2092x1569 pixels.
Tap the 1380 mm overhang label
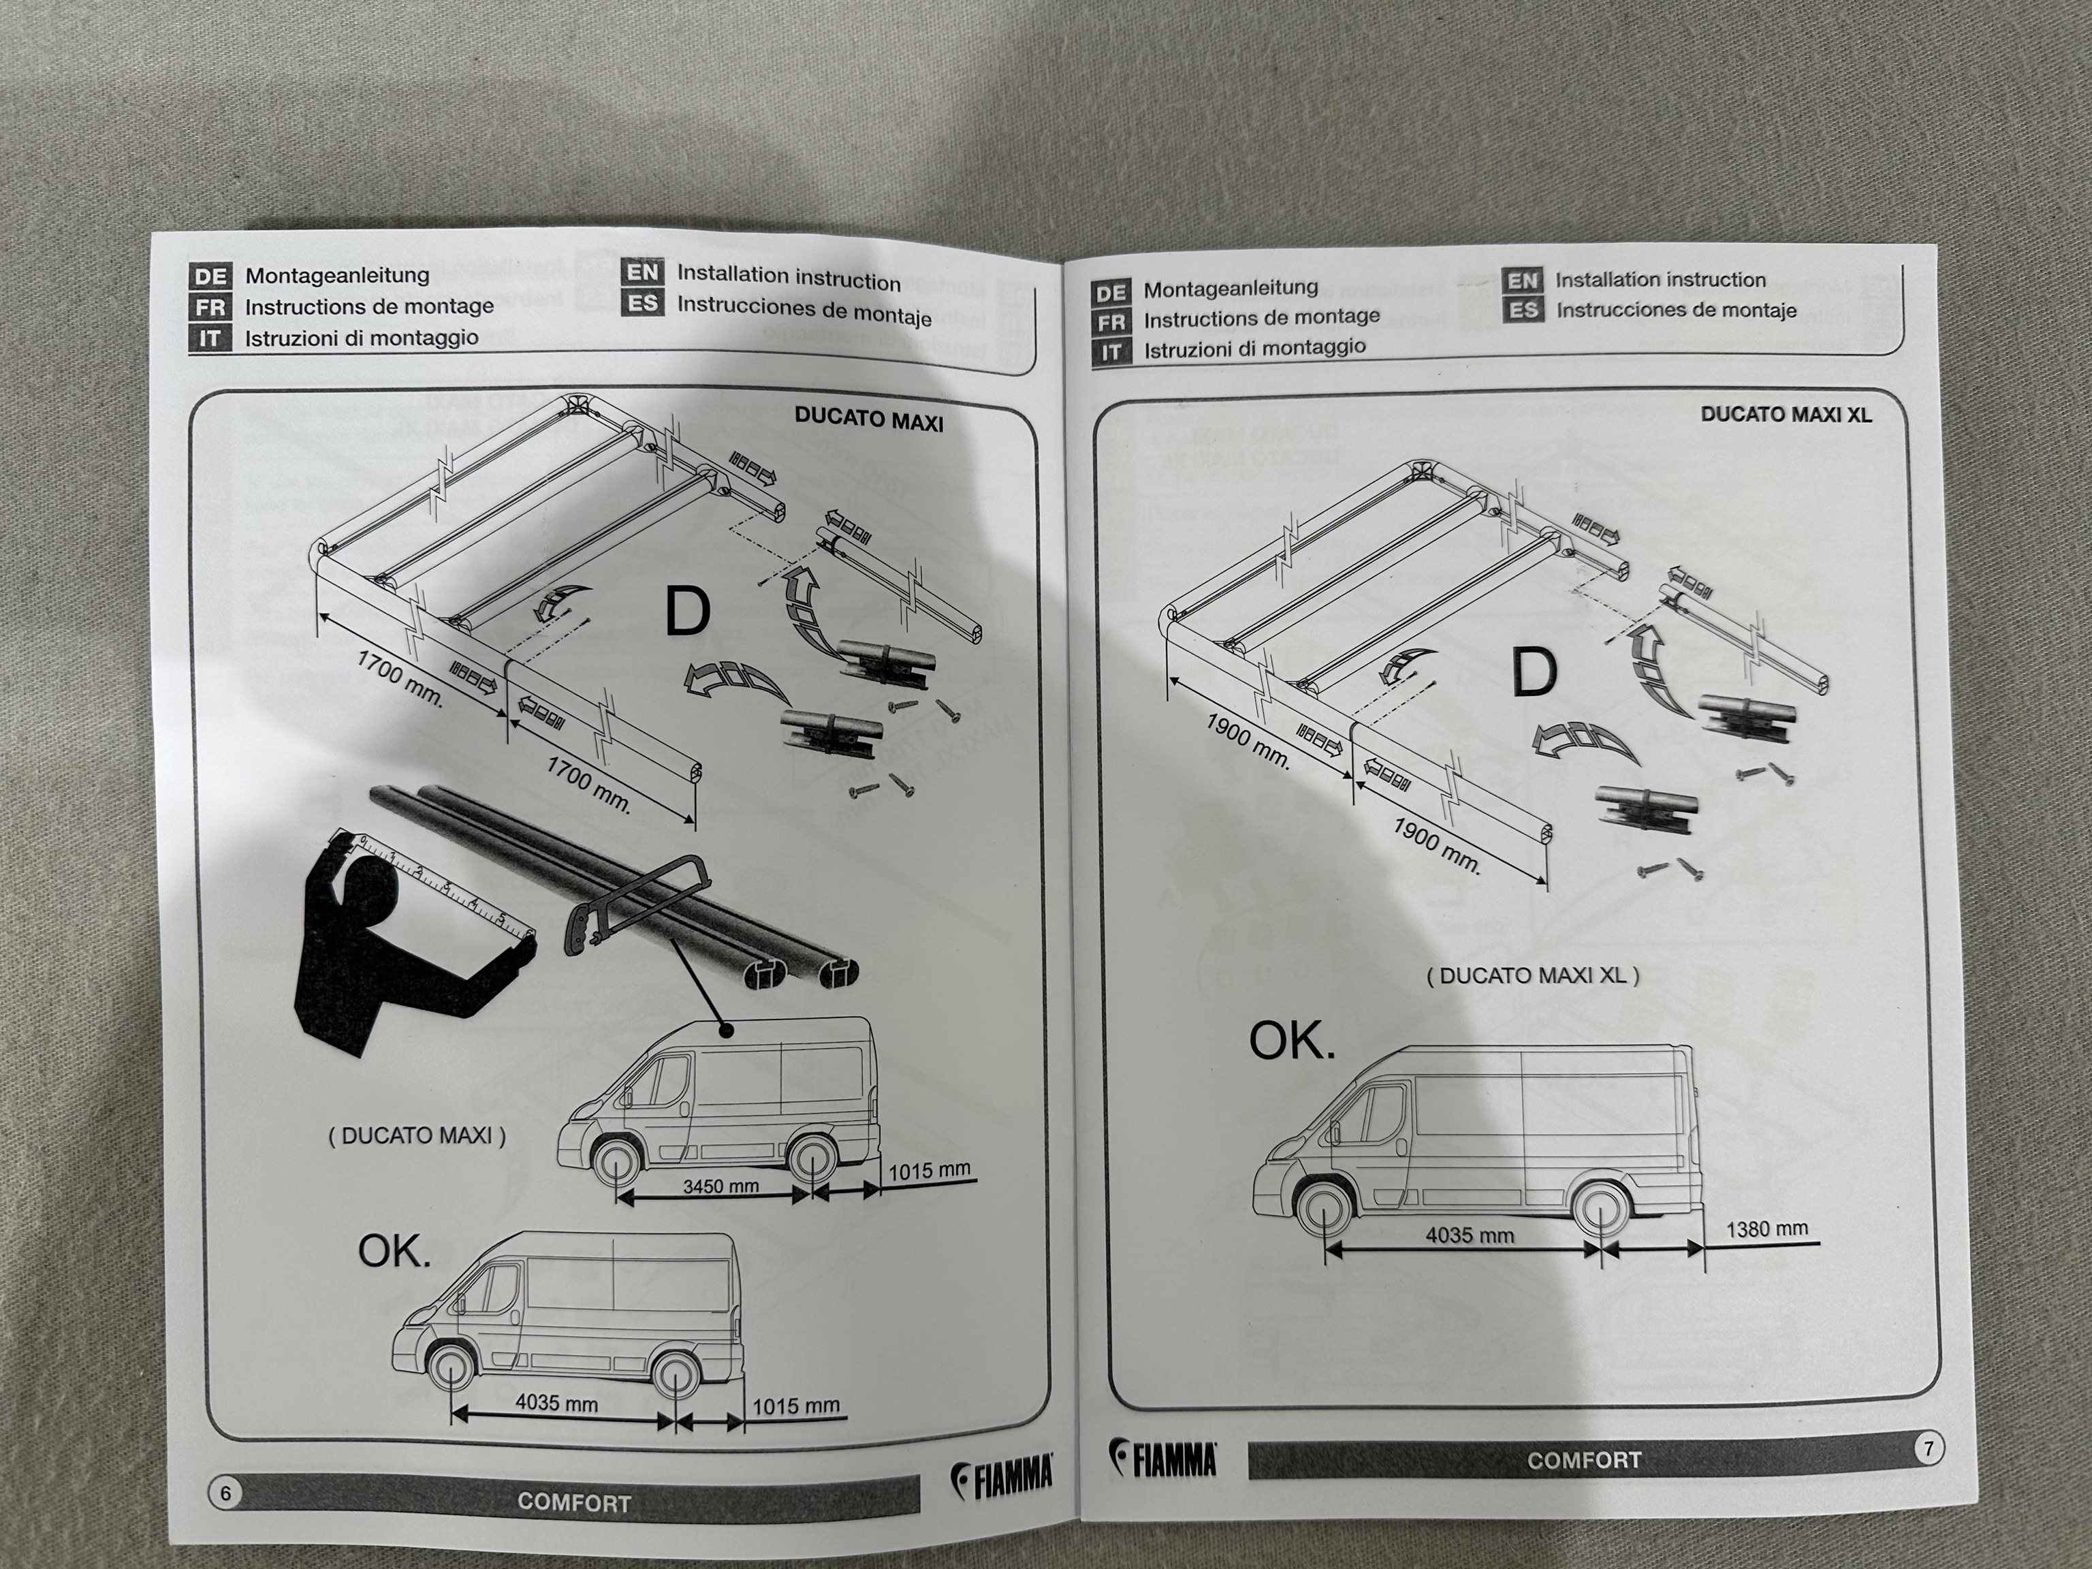1766,1229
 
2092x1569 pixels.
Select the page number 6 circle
225,1493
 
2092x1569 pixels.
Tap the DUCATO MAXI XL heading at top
1786,414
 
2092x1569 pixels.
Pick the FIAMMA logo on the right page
1163,1460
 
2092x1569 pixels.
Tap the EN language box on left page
643,273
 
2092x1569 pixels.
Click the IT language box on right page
1111,353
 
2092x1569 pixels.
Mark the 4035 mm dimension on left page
556,1404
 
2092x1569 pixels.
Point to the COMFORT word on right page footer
1583,1460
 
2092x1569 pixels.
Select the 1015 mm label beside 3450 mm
929,1171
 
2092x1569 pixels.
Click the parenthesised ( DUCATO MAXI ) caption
417,1136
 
